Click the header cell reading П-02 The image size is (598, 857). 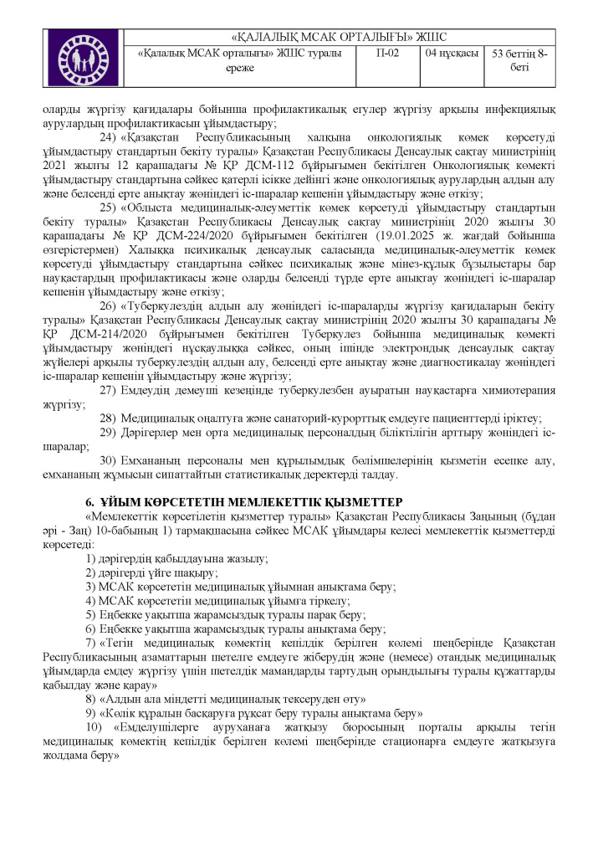pyautogui.click(x=384, y=53)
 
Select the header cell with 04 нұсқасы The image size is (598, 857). pyautogui.click(x=452, y=53)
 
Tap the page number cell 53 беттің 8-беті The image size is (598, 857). pyautogui.click(x=520, y=59)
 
